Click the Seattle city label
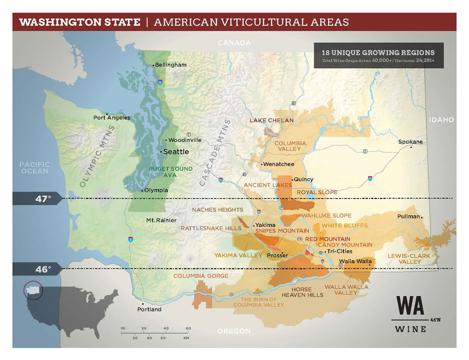pyautogui.click(x=176, y=152)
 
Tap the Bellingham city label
pyautogui.click(x=170, y=65)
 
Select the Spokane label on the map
pyautogui.click(x=410, y=142)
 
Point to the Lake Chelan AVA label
pyautogui.click(x=272, y=120)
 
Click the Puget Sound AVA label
pyautogui.click(x=171, y=172)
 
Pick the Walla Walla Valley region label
pyautogui.click(x=346, y=290)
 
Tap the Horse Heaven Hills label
pyautogui.click(x=302, y=292)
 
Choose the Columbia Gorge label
pyautogui.click(x=201, y=276)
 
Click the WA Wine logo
pyautogui.click(x=411, y=313)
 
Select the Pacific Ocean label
pyautogui.click(x=35, y=168)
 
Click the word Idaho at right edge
pyautogui.click(x=441, y=120)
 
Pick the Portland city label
pyautogui.click(x=149, y=309)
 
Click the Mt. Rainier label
pyautogui.click(x=161, y=220)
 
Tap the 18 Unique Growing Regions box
pyautogui.click(x=378, y=56)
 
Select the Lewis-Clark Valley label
pyautogui.click(x=409, y=259)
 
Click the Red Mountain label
pyautogui.click(x=328, y=239)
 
